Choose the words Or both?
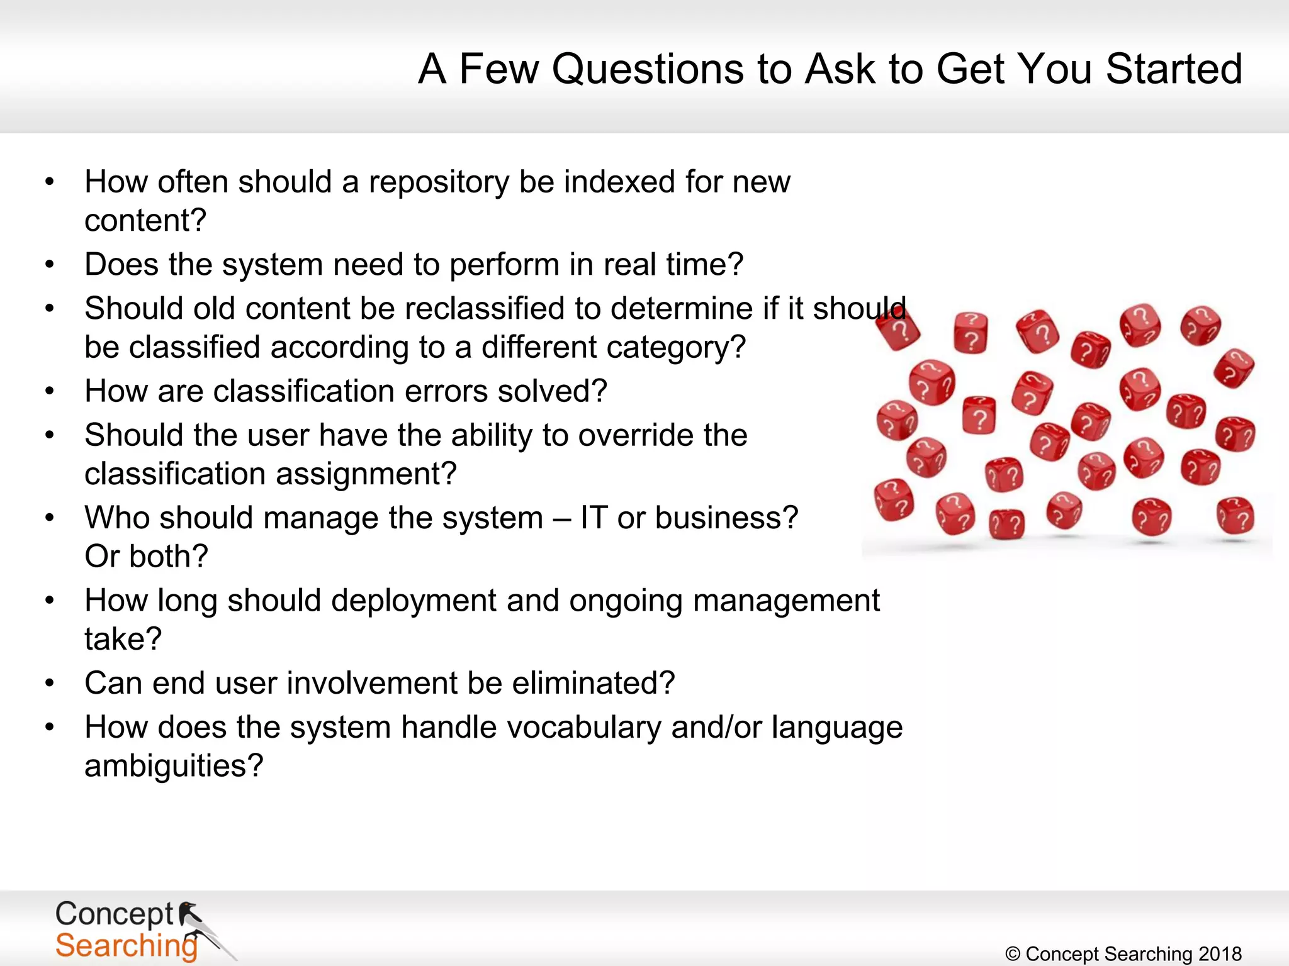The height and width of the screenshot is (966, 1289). [x=146, y=557]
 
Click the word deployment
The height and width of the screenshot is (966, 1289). [x=414, y=601]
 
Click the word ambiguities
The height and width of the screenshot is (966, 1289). [x=174, y=766]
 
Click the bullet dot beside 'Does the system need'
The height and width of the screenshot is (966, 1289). [x=50, y=265]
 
